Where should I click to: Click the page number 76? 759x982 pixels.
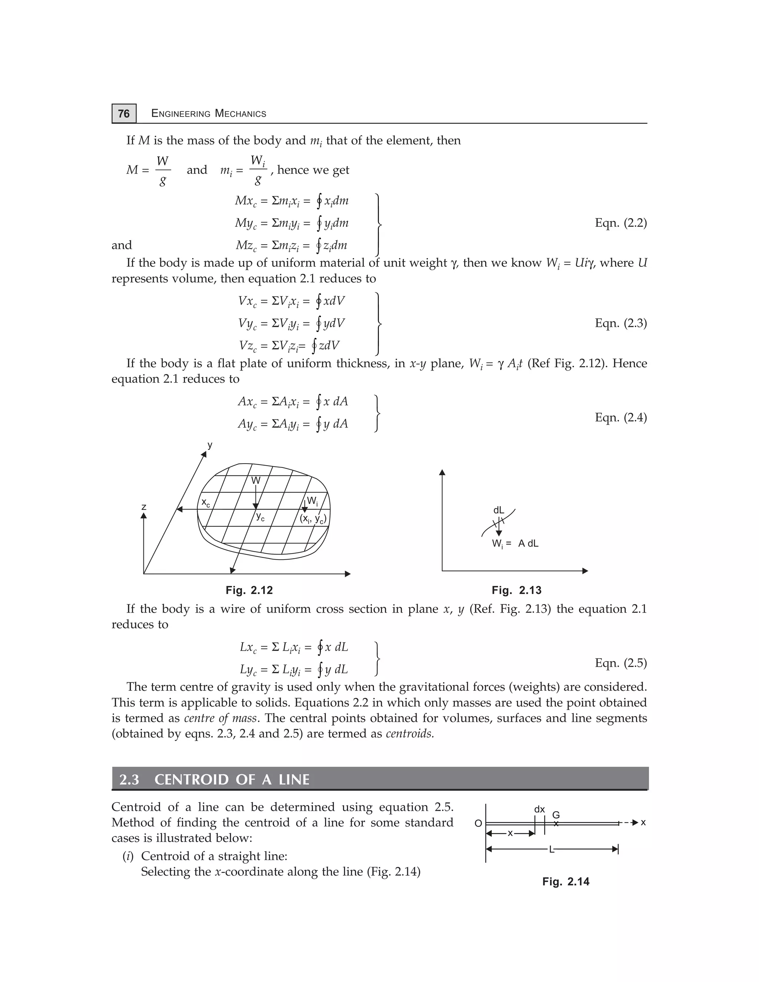124,113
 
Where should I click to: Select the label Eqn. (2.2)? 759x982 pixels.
620,223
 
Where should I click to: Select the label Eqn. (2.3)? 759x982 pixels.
620,323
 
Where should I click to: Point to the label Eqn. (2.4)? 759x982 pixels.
620,417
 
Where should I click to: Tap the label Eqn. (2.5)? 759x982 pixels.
620,663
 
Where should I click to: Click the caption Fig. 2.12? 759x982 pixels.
249,590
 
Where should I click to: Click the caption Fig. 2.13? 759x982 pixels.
516,590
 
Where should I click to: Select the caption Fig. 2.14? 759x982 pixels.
566,881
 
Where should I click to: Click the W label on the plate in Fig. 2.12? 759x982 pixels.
255,481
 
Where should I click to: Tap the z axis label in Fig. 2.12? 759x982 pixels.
144,507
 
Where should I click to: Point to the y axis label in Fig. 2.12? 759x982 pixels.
209,445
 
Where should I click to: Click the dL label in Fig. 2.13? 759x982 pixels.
499,510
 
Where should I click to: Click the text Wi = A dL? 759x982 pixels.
515,544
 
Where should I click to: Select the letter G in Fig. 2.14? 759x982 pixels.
556,815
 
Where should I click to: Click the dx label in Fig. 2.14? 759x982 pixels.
539,809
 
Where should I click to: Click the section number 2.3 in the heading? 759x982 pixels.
129,779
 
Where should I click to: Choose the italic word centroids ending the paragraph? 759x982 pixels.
410,733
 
